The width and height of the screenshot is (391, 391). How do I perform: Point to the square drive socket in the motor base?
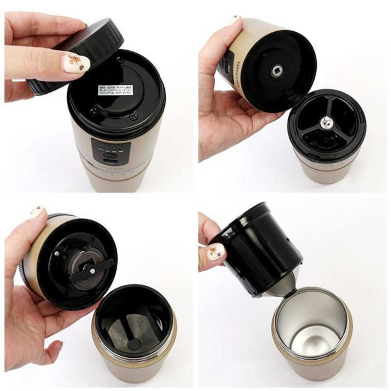click(x=277, y=70)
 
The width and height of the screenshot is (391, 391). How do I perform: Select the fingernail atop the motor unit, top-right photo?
click(x=234, y=20)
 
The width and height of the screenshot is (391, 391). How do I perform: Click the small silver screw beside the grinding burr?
click(x=57, y=253)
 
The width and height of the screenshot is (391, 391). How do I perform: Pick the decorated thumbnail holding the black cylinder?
click(x=216, y=252)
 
